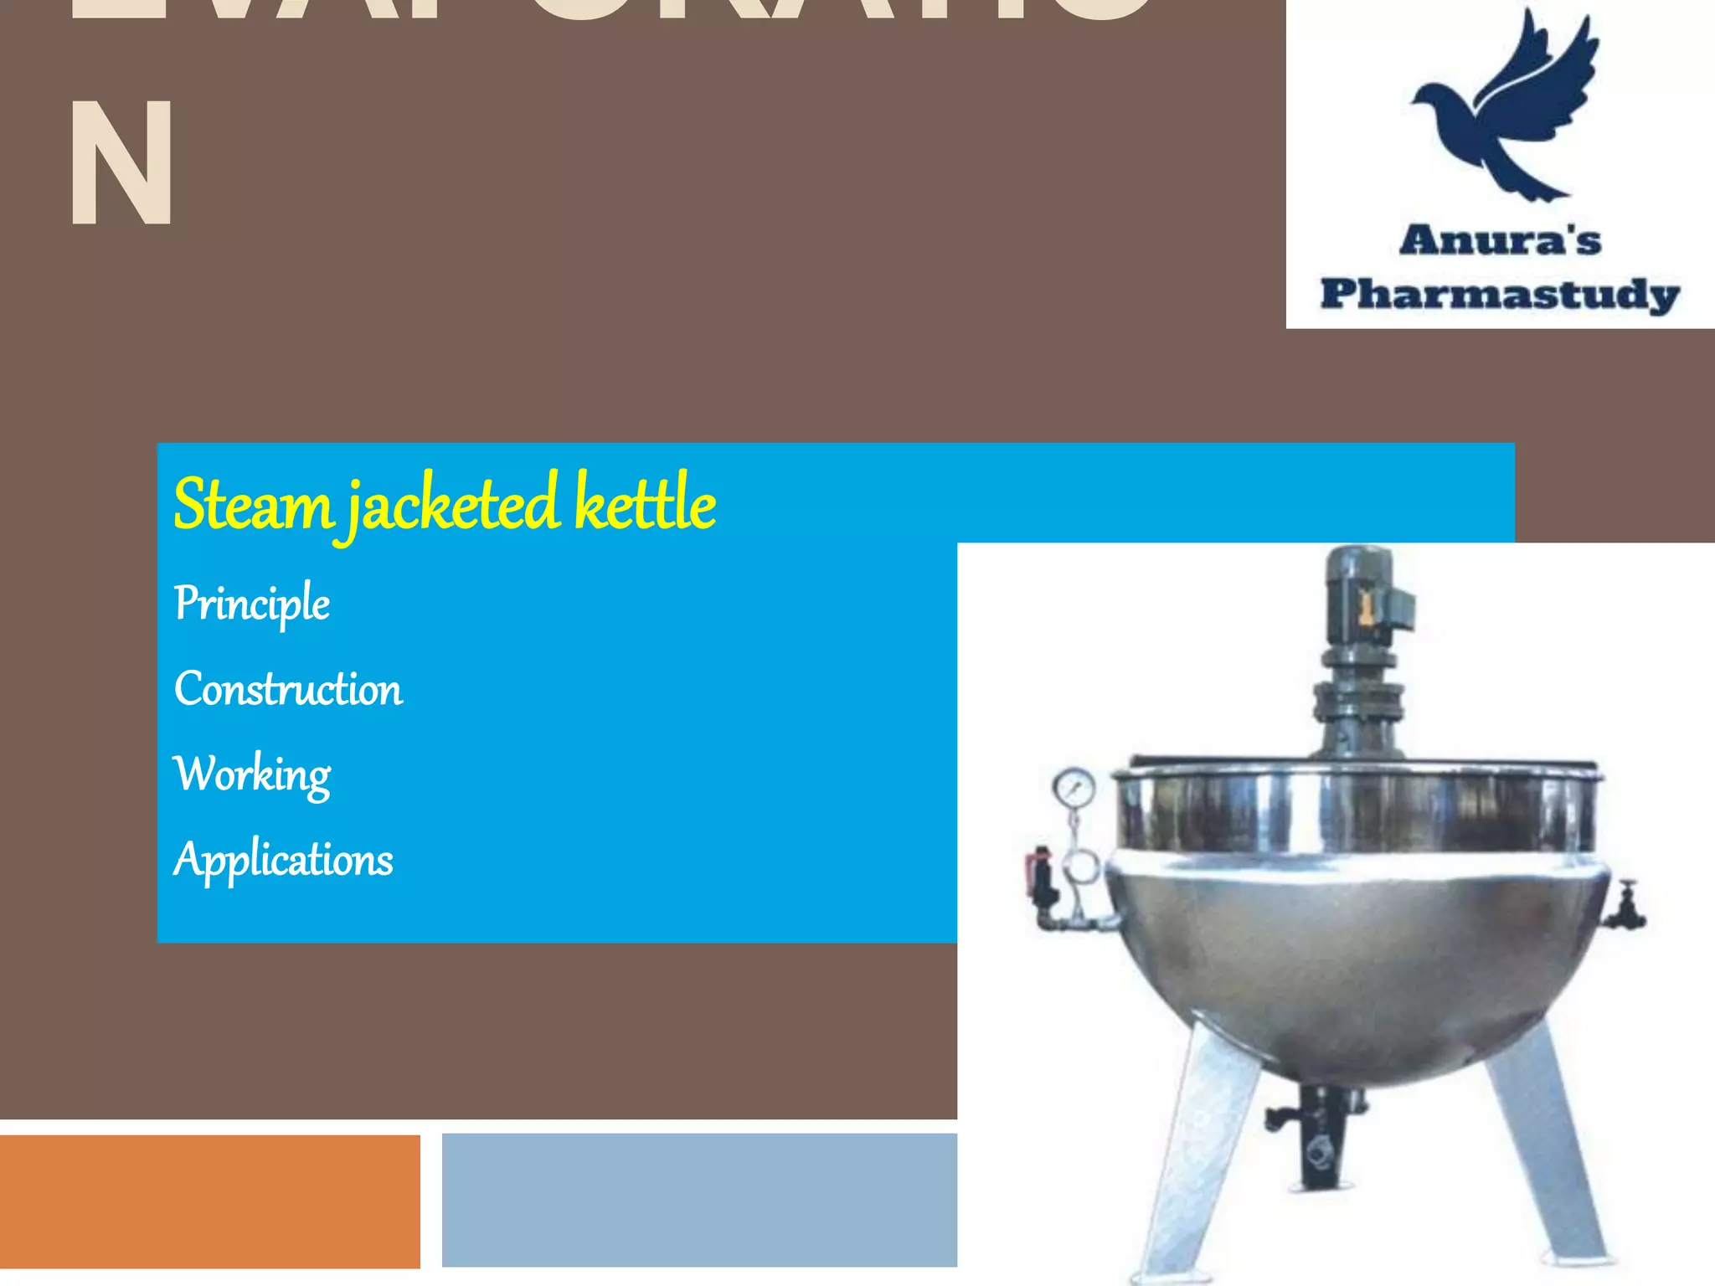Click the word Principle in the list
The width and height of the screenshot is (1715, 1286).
point(251,604)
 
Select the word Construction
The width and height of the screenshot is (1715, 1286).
point(288,689)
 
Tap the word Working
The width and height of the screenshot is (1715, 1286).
point(252,774)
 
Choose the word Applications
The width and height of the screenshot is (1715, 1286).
point(283,860)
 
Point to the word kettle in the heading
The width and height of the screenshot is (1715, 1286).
point(645,503)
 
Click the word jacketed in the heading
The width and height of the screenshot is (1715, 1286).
point(453,505)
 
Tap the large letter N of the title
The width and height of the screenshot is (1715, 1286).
point(122,163)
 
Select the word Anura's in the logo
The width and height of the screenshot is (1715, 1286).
point(1500,241)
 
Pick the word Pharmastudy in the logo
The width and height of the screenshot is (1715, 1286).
point(1500,295)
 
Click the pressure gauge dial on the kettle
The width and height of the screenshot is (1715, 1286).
point(1074,788)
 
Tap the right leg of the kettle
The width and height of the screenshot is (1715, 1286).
point(1549,1155)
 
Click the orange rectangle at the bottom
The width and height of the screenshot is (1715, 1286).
point(209,1201)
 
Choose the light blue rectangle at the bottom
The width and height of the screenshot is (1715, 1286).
point(699,1200)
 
